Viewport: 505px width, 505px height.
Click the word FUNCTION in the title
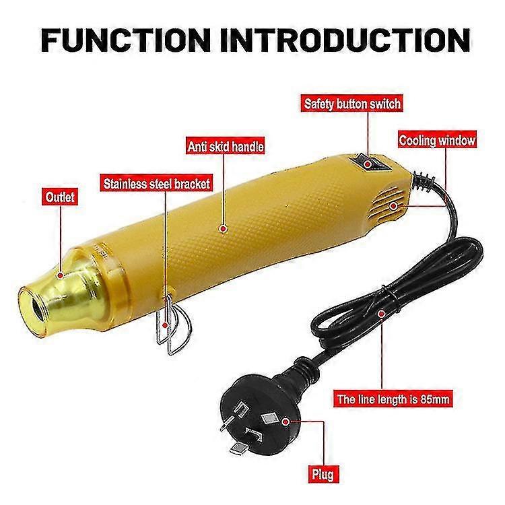(x=126, y=40)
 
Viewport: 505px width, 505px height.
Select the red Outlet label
(x=60, y=197)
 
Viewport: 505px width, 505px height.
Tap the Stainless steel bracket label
(x=156, y=184)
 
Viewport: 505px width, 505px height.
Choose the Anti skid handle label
(x=226, y=147)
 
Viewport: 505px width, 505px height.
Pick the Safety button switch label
(x=352, y=104)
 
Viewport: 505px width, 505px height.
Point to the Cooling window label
(x=437, y=141)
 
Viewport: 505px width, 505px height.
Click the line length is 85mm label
(x=393, y=399)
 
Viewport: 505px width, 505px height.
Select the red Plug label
(x=323, y=474)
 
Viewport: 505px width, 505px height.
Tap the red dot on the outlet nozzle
(x=60, y=275)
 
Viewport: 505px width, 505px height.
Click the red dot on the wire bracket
(x=165, y=325)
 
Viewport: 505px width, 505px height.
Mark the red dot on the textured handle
(x=223, y=229)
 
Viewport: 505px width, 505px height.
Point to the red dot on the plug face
(x=285, y=422)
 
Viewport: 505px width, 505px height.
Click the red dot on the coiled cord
(x=382, y=313)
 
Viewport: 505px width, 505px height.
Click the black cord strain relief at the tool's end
(x=423, y=181)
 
